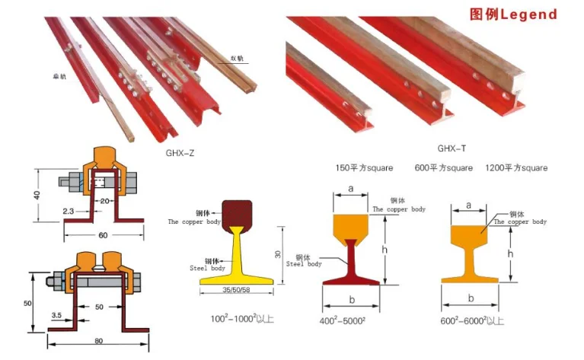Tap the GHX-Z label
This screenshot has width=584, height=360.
pyautogui.click(x=180, y=151)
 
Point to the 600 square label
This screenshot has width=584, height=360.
pyautogui.click(x=443, y=167)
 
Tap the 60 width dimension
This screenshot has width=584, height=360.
pyautogui.click(x=103, y=235)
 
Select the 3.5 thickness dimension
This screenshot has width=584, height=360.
pyautogui.click(x=56, y=314)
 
